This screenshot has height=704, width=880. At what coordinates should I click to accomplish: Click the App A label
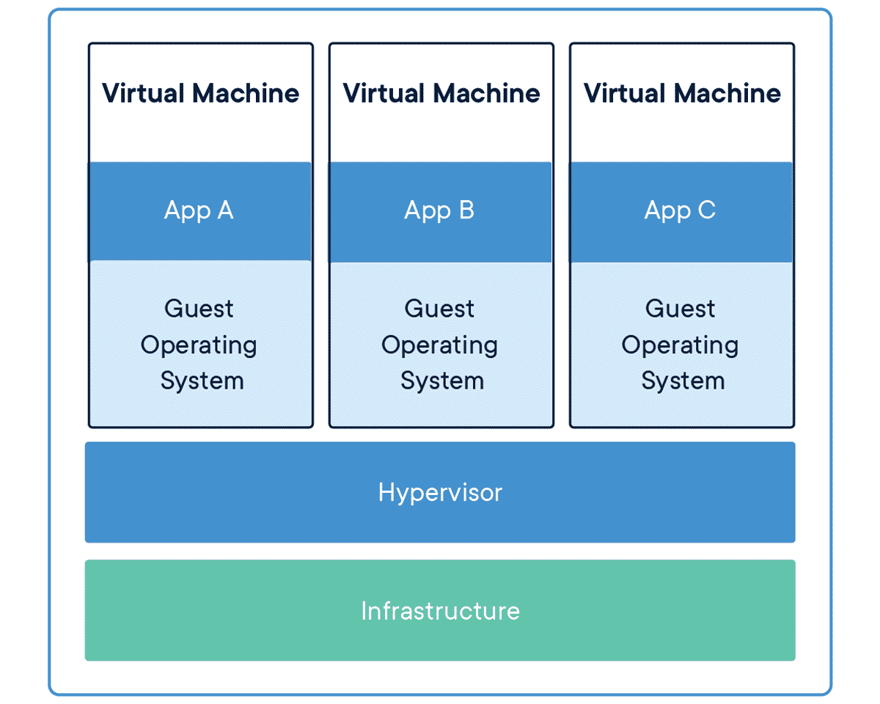tap(199, 210)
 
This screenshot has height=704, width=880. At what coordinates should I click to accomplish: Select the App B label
tap(439, 210)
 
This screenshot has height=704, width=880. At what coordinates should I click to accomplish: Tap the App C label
tap(680, 210)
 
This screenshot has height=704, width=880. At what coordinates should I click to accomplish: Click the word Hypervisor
tap(440, 492)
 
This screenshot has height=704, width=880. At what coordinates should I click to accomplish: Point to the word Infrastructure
tap(440, 611)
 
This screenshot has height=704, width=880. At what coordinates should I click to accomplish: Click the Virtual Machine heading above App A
tap(200, 93)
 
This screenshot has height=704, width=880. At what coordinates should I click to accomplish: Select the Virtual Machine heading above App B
tap(441, 93)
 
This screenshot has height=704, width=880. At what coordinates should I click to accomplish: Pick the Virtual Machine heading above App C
tap(682, 93)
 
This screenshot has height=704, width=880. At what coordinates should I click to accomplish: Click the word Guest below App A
tap(199, 309)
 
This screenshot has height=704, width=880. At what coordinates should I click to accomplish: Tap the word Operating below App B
tap(439, 345)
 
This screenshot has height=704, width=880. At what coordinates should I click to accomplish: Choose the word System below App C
tap(683, 381)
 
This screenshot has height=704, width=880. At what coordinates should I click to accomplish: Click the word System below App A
tap(202, 381)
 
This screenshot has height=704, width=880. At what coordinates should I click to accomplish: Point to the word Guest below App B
tap(439, 309)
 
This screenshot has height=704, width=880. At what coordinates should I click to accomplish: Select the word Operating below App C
tap(680, 345)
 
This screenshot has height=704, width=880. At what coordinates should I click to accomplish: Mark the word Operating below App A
tap(199, 345)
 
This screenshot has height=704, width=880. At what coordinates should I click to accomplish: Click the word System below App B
tap(442, 381)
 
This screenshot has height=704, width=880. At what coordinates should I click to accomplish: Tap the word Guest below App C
tap(680, 309)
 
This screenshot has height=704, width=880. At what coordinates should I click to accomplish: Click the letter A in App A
tap(224, 210)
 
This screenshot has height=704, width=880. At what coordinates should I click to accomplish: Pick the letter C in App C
tap(706, 210)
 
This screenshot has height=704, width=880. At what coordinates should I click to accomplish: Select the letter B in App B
tap(466, 210)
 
